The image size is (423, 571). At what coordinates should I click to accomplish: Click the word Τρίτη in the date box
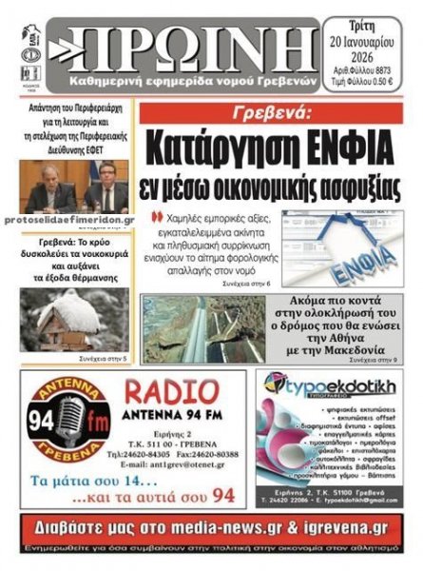tap(372, 27)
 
